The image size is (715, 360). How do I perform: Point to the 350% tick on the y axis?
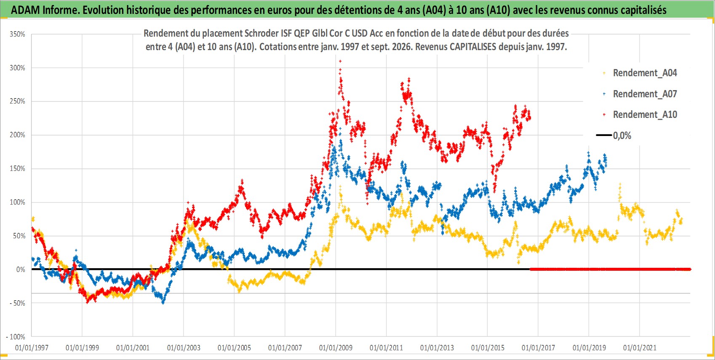[x=17, y=34]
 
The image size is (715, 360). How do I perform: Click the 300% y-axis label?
[x=17, y=68]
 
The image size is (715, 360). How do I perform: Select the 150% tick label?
[x=17, y=168]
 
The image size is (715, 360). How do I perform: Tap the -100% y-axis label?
[x=16, y=337]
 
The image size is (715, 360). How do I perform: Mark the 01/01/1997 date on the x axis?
[x=32, y=347]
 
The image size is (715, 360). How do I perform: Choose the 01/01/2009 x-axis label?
[x=336, y=347]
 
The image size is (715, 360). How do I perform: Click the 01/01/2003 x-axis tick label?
[x=184, y=347]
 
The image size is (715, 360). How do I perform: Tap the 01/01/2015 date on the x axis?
[x=488, y=347]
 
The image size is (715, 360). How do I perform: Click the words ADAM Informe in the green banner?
[x=44, y=10]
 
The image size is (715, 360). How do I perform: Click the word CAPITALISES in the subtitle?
[x=473, y=47]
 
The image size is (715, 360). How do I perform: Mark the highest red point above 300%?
[x=340, y=61]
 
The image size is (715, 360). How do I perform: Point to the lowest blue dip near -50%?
[x=163, y=302]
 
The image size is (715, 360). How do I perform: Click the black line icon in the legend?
[x=603, y=135]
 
